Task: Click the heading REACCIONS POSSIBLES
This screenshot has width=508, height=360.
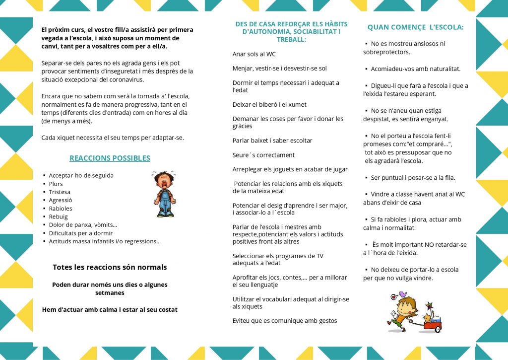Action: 110,158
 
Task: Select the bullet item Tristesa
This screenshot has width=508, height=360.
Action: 60,192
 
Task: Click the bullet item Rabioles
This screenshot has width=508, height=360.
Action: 61,209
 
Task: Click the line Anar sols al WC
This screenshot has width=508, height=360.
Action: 254,54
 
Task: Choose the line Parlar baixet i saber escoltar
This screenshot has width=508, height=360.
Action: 272,141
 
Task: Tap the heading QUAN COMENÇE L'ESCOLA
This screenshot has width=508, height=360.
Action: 415,27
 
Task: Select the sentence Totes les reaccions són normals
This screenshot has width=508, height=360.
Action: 110,267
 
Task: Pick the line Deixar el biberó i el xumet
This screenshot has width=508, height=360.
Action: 269,105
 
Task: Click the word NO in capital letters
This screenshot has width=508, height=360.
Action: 430,245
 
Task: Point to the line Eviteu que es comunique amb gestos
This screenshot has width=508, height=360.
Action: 285,321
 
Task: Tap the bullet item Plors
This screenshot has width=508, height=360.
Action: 56,184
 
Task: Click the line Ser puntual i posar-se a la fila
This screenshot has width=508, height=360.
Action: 413,178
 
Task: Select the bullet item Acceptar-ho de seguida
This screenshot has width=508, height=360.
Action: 81,176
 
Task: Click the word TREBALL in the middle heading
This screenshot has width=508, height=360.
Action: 291,39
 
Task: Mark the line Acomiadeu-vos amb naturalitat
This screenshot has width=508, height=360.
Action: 415,69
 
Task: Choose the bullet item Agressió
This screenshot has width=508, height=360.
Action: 61,201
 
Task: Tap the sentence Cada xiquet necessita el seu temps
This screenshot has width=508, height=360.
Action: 113,138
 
